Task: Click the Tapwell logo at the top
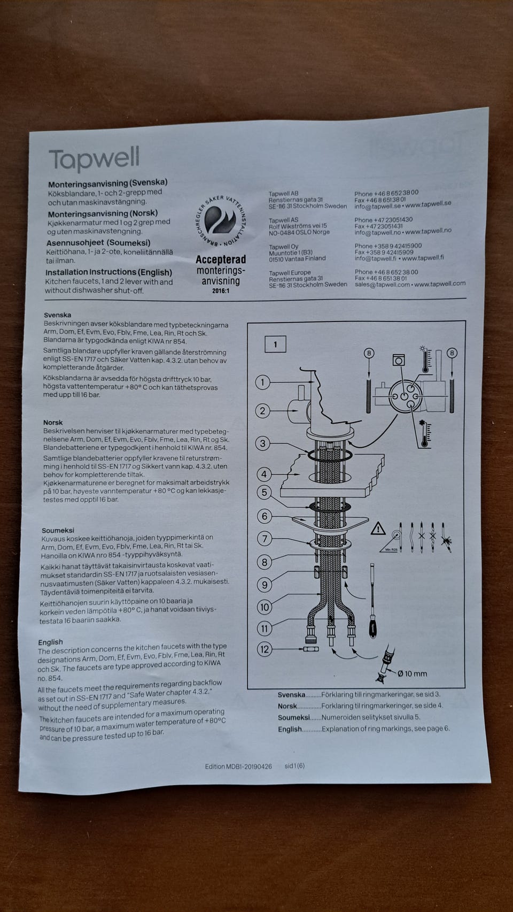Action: pos(94,159)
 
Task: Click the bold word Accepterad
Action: pos(221,259)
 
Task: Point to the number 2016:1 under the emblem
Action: pos(221,291)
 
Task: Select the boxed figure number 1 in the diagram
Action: pos(275,344)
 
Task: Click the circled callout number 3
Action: pos(263,443)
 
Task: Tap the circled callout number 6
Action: pos(265,516)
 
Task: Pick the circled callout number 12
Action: pos(265,649)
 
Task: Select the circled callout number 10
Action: pos(265,607)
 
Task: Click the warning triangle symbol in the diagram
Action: pos(378,529)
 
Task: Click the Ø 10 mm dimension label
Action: pos(412,674)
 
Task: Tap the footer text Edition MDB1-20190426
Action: pos(238,767)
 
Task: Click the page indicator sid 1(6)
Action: pos(294,766)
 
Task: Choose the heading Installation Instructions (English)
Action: pos(108,272)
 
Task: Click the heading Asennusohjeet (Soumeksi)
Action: pos(98,243)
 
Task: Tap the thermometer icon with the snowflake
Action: pos(425,434)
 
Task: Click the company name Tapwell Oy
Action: pos(284,247)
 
